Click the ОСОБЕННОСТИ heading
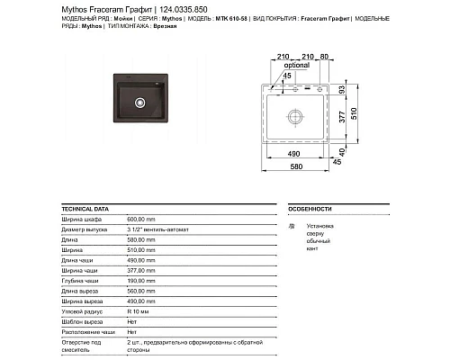coord(310,208)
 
